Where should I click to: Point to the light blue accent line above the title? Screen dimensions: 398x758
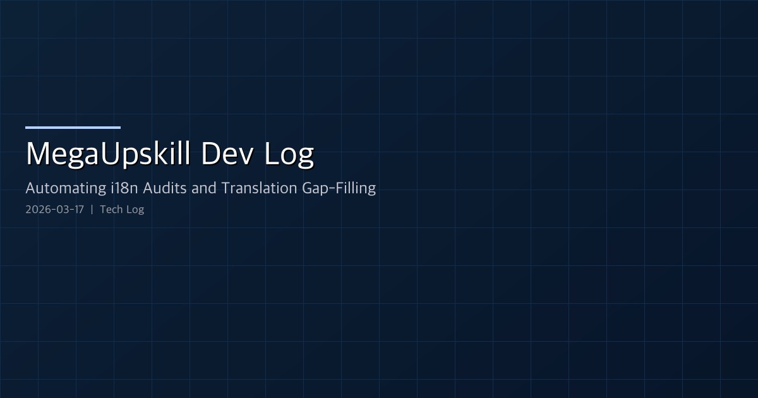73,128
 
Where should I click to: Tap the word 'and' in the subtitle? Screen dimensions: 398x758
203,188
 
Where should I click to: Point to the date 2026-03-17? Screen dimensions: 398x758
55,210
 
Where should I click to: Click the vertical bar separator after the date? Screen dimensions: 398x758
92,210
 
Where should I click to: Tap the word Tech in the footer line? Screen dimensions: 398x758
112,210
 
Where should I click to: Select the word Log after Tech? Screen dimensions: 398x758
135,210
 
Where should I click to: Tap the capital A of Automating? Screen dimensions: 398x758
30,188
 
